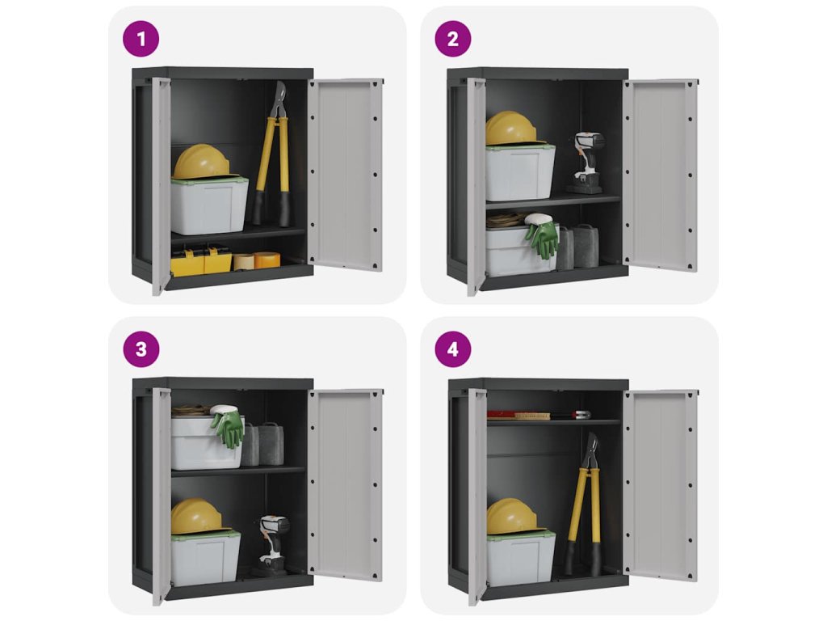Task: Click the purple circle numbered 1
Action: coord(141,39)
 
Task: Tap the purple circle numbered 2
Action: coord(452,39)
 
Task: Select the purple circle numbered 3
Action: coord(141,349)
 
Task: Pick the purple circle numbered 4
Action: coord(452,349)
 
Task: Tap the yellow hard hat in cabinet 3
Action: coord(198,516)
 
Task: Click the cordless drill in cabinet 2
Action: coord(586,163)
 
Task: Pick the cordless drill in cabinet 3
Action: coord(272,544)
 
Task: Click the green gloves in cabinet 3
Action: coord(229,425)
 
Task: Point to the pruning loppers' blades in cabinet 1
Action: coord(278,99)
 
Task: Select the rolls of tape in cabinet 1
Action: coord(256,260)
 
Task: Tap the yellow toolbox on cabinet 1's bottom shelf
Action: coord(201,261)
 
